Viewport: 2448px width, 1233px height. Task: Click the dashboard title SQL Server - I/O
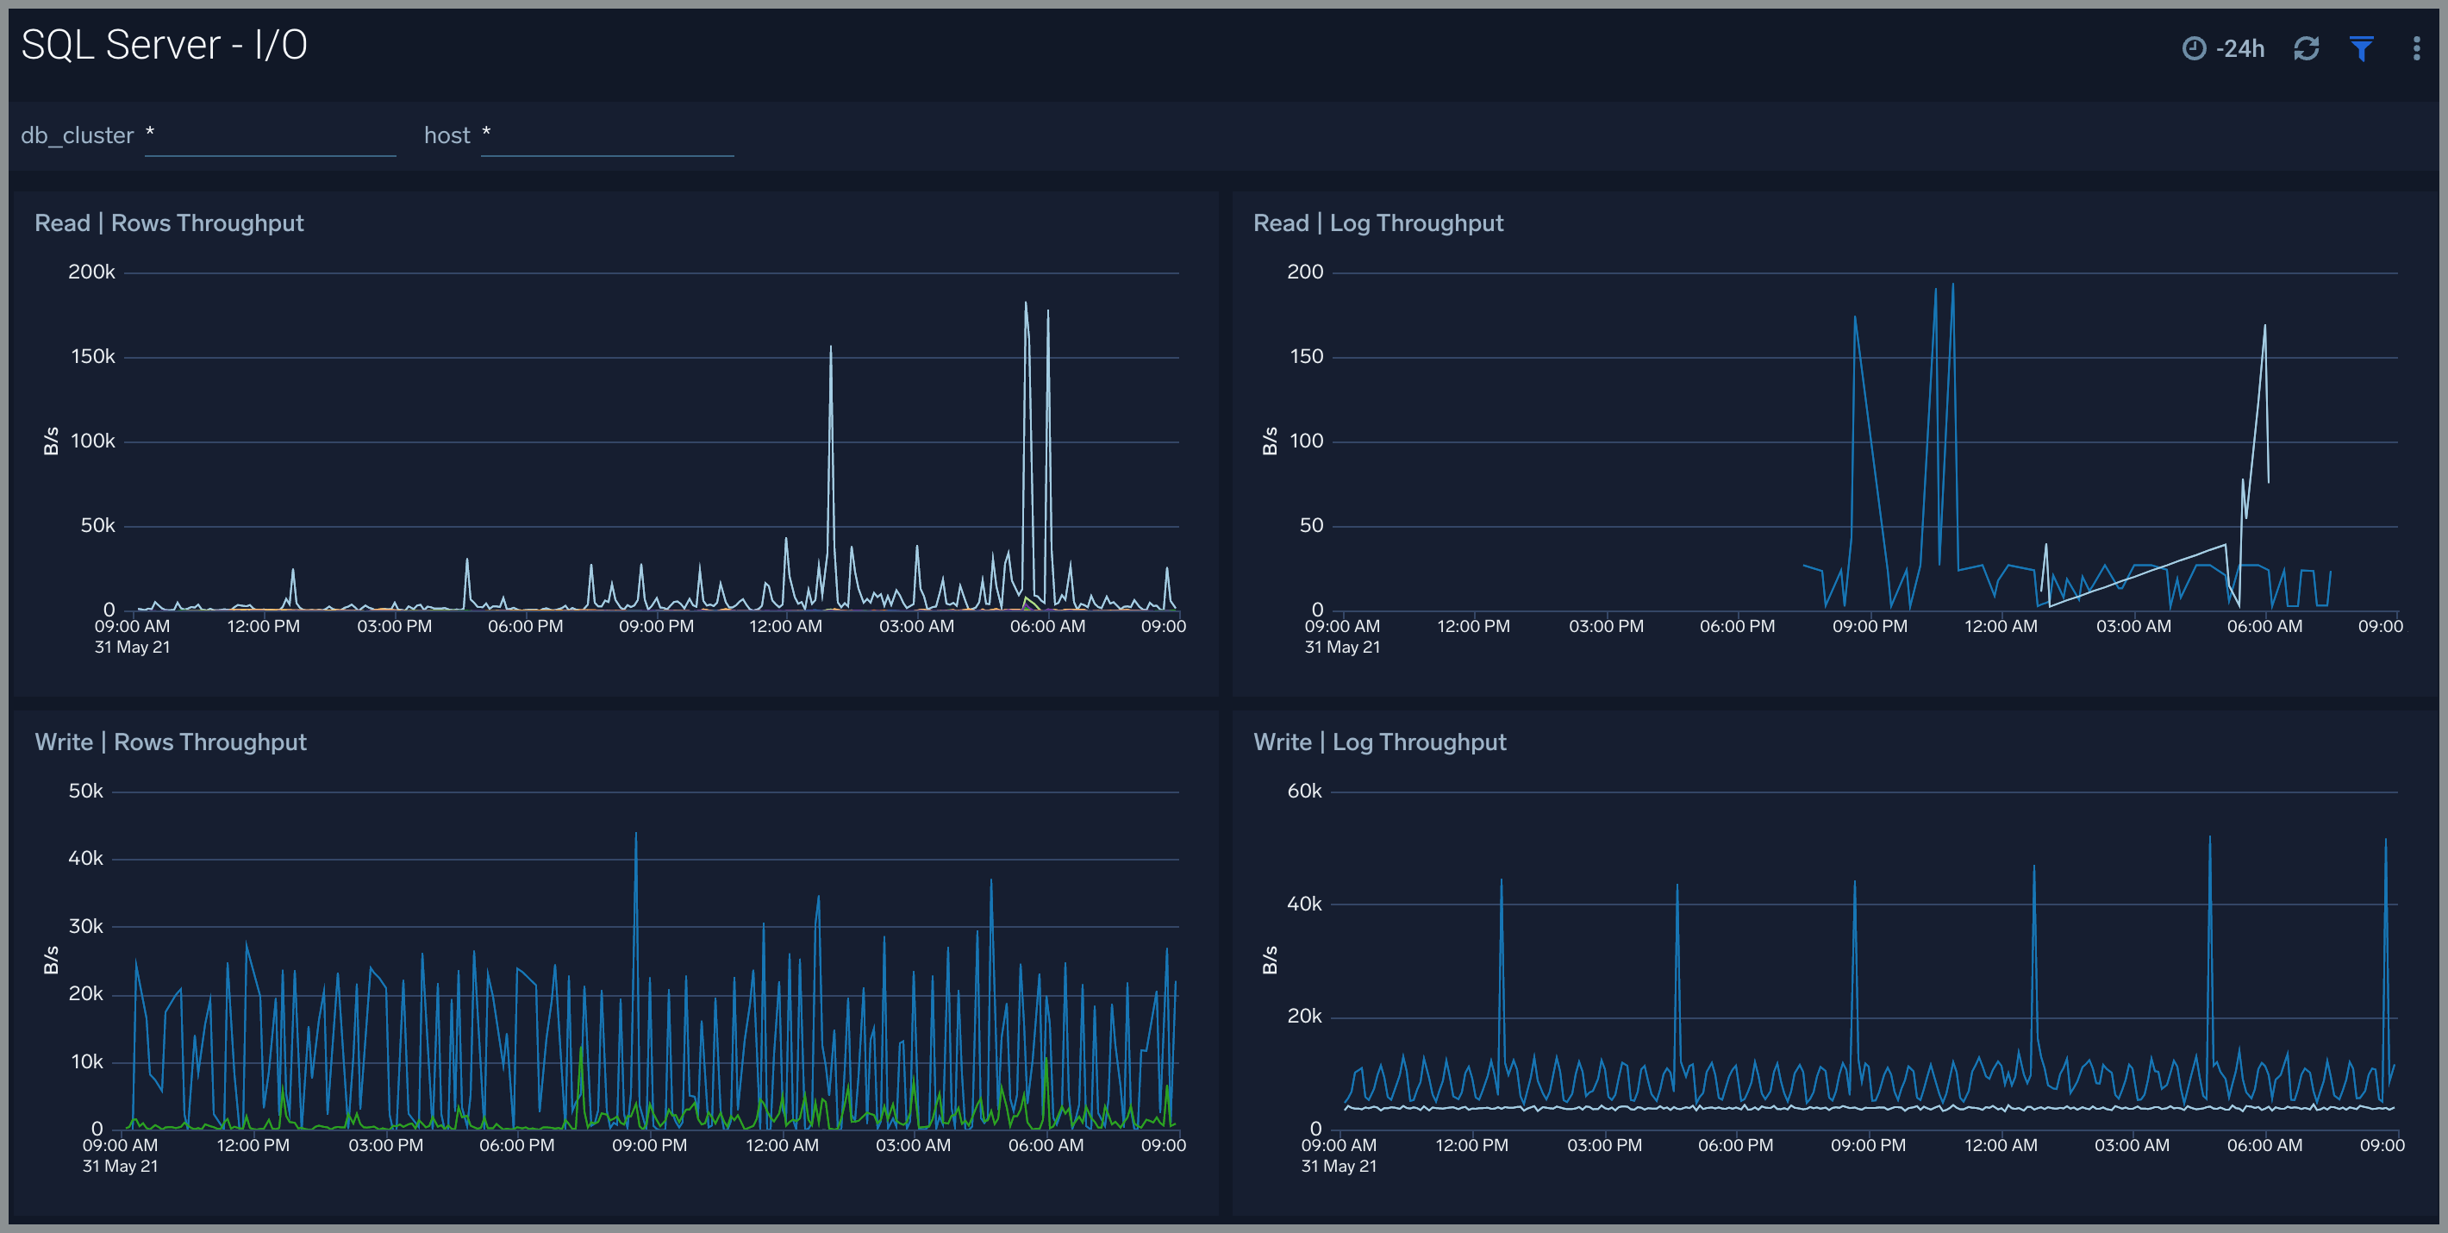[164, 45]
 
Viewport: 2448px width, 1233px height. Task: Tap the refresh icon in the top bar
[2307, 48]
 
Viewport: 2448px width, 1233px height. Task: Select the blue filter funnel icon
[2362, 48]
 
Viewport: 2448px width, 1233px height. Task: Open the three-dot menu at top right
[2416, 48]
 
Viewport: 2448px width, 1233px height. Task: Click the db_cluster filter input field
[270, 136]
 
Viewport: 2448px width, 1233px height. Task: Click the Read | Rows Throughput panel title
[169, 223]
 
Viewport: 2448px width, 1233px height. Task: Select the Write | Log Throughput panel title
[1379, 742]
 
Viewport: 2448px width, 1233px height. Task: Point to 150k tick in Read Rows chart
[92, 356]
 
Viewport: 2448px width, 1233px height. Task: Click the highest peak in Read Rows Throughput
[1026, 304]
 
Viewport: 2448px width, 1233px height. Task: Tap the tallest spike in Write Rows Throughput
[636, 835]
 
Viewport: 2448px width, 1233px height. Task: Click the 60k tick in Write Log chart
[1304, 791]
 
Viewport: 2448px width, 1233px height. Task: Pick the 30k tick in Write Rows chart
[85, 926]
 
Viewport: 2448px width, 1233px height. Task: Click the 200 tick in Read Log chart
[1305, 272]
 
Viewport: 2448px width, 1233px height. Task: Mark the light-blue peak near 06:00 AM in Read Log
[2264, 327]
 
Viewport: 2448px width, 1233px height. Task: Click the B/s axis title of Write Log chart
[1270, 961]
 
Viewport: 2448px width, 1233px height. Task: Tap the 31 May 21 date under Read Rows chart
[132, 648]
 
